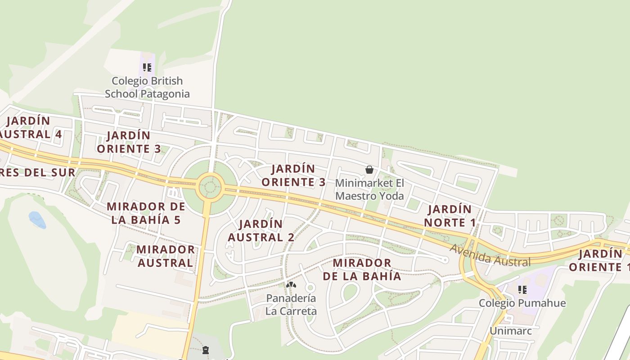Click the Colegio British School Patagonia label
[x=147, y=87]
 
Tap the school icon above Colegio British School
[x=147, y=67]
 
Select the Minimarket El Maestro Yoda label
[x=369, y=189]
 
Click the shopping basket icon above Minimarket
[x=369, y=170]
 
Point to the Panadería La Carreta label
[x=291, y=305]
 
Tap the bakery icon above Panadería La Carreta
[x=291, y=284]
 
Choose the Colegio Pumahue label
[x=522, y=303]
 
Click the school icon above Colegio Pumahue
[x=522, y=289]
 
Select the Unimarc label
[x=511, y=331]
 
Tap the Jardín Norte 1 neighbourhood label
[x=450, y=216]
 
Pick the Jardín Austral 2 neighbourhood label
[x=261, y=230]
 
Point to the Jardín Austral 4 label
[x=30, y=127]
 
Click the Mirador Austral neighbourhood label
[x=166, y=256]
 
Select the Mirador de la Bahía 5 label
[x=146, y=213]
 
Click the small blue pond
[x=37, y=220]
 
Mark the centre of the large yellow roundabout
[x=210, y=185]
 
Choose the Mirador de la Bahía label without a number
[x=362, y=269]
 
